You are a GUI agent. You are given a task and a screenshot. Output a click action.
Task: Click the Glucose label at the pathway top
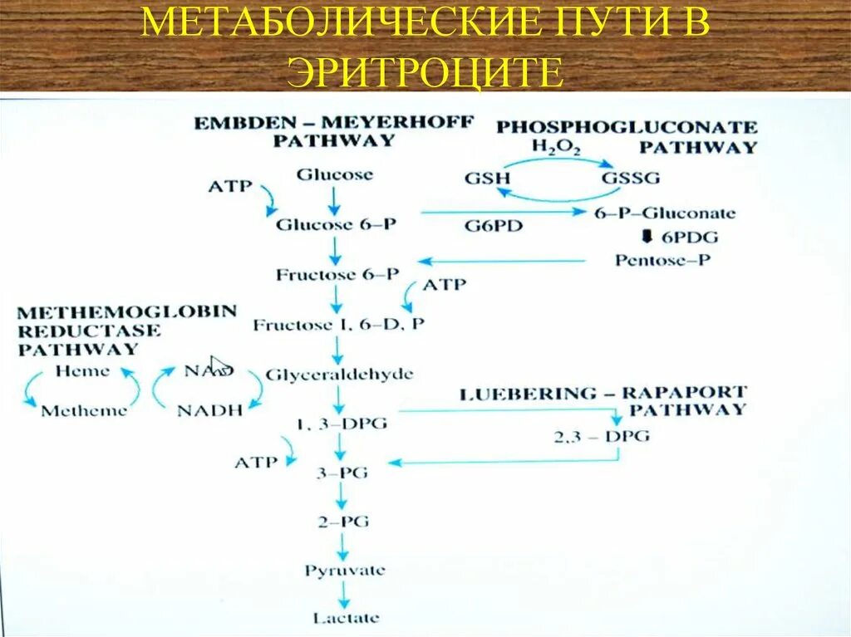335,175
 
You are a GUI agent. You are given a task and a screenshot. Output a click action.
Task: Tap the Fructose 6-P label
337,274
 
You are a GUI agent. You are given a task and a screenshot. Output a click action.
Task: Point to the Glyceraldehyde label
339,375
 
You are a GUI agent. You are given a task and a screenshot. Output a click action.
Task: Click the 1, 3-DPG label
341,424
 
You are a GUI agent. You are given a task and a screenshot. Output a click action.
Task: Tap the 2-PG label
342,522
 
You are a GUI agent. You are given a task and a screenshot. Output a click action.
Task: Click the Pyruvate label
344,571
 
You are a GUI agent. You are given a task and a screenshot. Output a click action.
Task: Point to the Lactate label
346,618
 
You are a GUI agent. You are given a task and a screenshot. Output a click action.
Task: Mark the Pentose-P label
662,260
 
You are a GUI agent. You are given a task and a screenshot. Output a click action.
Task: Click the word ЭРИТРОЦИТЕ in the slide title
425,72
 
